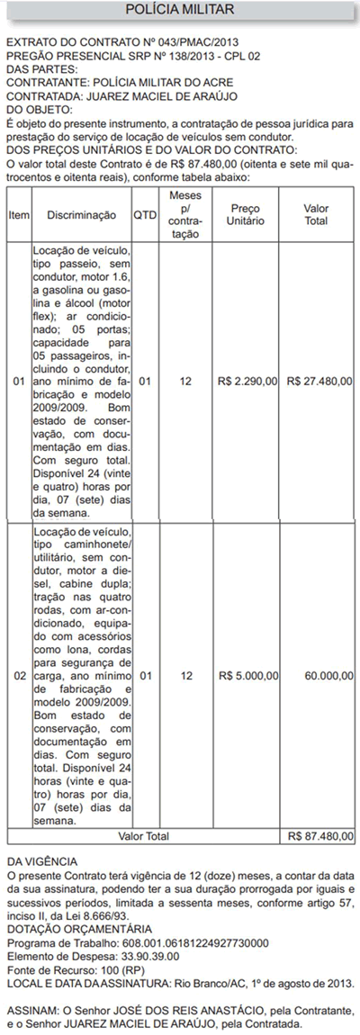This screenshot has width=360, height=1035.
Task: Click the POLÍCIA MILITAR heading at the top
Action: tap(180, 10)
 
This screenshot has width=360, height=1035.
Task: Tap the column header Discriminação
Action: tap(81, 215)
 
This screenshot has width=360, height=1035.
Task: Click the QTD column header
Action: tap(145, 215)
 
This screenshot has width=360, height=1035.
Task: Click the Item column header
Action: tap(19, 215)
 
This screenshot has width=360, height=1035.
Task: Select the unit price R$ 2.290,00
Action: tap(247, 382)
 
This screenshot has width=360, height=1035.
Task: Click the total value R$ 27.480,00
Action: tap(319, 382)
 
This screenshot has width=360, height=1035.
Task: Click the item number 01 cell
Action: tap(19, 382)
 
